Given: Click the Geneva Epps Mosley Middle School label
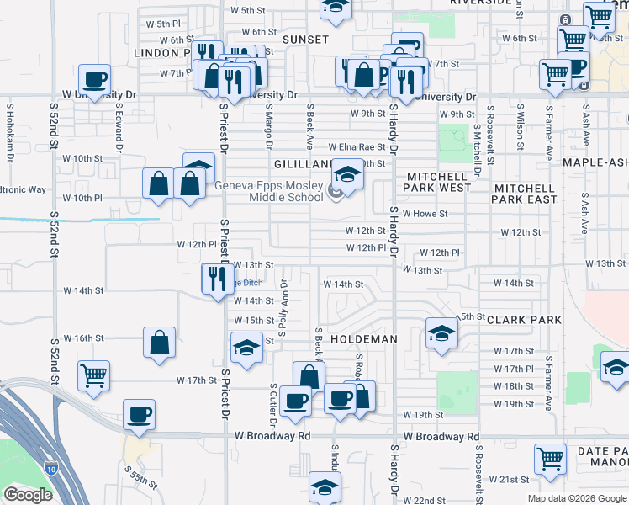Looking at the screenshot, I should (269, 192).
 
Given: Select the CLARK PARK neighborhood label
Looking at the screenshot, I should (523, 320).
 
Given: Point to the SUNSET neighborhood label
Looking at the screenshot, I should (305, 40).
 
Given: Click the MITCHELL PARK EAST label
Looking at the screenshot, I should (526, 194).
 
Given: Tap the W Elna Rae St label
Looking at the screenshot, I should (357, 146).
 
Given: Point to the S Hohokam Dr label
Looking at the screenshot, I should (11, 134).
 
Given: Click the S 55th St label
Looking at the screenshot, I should (140, 478).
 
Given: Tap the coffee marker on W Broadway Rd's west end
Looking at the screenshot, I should (139, 414).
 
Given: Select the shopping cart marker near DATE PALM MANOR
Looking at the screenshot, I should (549, 459).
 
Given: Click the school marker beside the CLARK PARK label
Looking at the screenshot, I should (441, 332).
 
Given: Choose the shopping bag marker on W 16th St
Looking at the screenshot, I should (159, 343).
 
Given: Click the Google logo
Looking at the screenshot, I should (28, 495).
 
